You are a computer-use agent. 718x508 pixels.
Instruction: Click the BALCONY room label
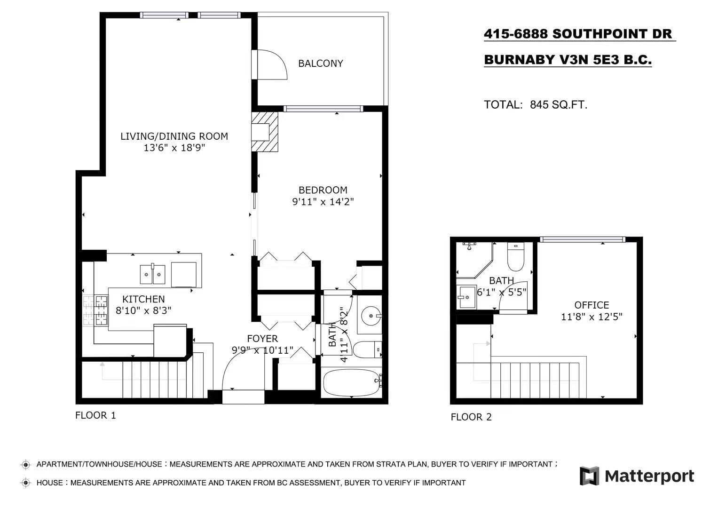[x=320, y=63]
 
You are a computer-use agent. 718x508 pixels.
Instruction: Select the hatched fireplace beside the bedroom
[x=265, y=132]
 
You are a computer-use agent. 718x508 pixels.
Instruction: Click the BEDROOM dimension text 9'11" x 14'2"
[x=323, y=202]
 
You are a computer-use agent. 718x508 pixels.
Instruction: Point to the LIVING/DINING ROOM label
[x=174, y=136]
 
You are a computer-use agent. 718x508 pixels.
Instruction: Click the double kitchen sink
[x=152, y=274]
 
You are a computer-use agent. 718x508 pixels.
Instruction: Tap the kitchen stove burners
[x=95, y=310]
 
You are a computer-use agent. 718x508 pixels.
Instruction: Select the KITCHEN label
[x=143, y=299]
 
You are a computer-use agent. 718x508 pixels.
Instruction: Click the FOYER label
[x=262, y=339]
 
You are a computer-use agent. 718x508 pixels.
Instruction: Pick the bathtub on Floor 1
[x=352, y=383]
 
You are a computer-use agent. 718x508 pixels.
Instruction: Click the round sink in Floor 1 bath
[x=371, y=316]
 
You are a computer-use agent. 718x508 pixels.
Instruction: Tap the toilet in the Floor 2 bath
[x=516, y=256]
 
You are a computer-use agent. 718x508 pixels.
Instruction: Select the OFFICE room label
[x=592, y=305]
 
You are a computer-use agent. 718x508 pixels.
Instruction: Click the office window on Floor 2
[x=583, y=239]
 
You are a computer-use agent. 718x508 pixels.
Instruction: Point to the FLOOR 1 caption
[x=95, y=415]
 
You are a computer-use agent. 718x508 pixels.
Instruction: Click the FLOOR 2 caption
[x=471, y=417]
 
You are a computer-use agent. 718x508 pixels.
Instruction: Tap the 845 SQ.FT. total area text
[x=559, y=105]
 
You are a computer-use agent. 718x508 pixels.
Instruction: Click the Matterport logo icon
[x=589, y=476]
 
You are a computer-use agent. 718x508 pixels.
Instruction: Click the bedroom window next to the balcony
[x=323, y=109]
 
